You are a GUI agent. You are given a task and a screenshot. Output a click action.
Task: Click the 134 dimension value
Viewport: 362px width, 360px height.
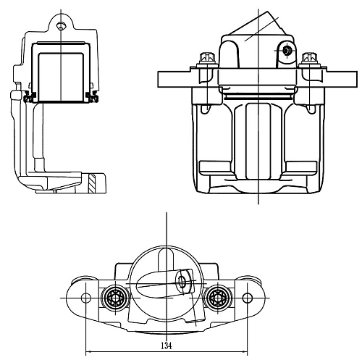pos(167,346)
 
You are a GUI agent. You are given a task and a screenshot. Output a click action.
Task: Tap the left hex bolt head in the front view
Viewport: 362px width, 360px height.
pos(207,57)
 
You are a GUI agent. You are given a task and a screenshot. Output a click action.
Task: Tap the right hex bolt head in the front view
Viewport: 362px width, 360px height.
pos(309,57)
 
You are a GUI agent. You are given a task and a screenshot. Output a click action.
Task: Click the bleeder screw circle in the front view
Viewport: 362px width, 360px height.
pos(287,51)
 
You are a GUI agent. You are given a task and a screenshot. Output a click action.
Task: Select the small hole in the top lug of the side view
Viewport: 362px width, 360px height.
pos(61,26)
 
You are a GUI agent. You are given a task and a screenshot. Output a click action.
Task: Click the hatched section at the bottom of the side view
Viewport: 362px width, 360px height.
pos(92,183)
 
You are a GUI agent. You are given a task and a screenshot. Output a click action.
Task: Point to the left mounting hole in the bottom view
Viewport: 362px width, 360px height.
pos(86,298)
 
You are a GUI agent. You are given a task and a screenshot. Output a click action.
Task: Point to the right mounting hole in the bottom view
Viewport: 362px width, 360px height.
pos(247,298)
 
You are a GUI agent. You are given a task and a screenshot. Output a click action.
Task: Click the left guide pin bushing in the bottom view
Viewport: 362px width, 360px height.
pos(115,298)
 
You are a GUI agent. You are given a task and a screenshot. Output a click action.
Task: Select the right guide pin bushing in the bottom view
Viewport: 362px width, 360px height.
pos(217,298)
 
